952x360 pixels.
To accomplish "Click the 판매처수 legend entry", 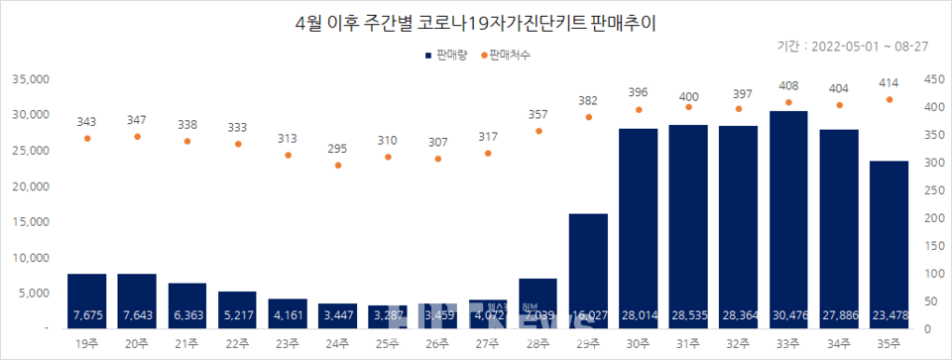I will [x=504, y=57].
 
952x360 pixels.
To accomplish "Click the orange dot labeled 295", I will [x=338, y=165].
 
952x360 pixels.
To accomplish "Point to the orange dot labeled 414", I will [x=890, y=99].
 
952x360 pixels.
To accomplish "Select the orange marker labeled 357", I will [x=538, y=130].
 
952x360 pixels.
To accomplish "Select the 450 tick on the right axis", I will [x=928, y=79].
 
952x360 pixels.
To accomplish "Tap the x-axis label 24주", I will [x=338, y=345].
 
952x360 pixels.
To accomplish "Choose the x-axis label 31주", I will [x=689, y=345].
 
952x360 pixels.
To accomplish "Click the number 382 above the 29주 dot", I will [x=588, y=100].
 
